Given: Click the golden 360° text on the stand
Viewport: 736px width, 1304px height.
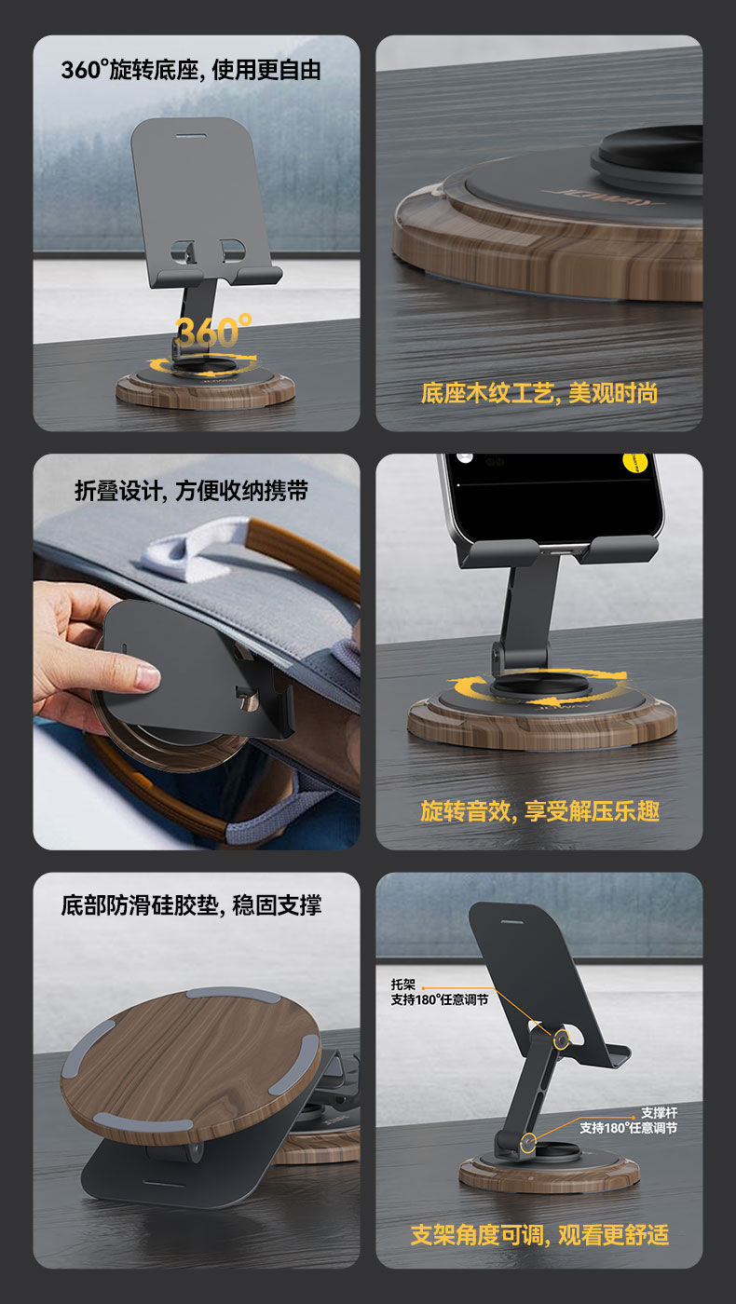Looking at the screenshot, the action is (213, 332).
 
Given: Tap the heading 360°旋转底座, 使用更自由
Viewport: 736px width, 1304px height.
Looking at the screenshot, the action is (191, 70).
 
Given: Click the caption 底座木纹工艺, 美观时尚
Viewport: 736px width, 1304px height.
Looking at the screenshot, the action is (539, 393).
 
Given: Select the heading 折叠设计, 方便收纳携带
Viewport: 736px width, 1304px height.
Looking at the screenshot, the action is (191, 491).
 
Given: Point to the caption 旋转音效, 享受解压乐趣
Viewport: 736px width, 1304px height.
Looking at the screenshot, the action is (539, 811).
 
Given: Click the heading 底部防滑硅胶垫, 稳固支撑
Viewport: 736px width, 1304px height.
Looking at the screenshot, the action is (191, 905).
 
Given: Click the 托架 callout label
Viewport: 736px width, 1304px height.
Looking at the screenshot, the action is (402, 985).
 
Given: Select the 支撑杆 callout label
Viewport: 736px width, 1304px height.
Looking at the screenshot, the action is (660, 1112).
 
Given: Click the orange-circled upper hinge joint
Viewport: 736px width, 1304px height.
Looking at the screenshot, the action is (561, 1039).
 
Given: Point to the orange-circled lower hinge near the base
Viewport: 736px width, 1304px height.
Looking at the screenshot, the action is (528, 1142).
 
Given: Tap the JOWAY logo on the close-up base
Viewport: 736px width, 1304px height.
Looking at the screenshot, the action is (603, 198).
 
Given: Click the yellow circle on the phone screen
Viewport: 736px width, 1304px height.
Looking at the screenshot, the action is (635, 462).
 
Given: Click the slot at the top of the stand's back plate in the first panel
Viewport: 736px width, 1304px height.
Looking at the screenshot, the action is (191, 136).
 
